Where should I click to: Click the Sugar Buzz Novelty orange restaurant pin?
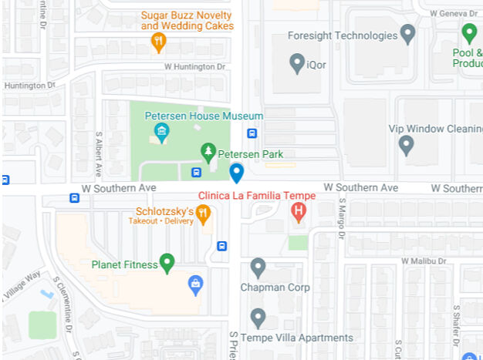click(x=159, y=42)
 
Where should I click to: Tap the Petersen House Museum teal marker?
click(x=162, y=132)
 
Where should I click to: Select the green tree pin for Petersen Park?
click(x=207, y=151)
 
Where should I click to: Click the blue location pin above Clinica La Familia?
click(x=237, y=173)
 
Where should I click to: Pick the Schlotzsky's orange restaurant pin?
click(x=203, y=214)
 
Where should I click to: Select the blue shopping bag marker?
click(x=196, y=284)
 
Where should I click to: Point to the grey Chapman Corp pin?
click(x=258, y=267)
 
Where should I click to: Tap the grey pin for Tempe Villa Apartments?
click(x=258, y=317)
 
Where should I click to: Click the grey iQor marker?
click(x=297, y=62)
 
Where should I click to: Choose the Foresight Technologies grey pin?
click(x=408, y=34)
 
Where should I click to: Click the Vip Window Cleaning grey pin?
click(x=406, y=144)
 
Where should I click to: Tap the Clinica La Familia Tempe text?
click(x=257, y=196)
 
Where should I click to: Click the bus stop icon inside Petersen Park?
click(x=196, y=173)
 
